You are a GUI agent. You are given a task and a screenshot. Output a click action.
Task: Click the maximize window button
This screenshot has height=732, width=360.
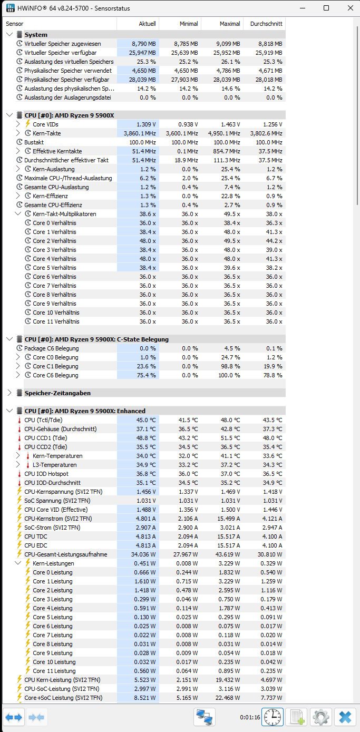pos(326,8)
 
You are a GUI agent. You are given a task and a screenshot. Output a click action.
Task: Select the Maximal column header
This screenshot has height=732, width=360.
pos(221,24)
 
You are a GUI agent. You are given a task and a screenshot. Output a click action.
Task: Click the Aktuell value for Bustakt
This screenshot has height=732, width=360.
pos(138,142)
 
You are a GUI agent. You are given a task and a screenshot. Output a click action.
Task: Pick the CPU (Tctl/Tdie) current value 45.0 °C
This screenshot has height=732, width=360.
pos(138,420)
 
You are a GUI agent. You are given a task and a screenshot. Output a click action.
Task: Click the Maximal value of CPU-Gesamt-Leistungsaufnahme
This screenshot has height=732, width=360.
pos(221,554)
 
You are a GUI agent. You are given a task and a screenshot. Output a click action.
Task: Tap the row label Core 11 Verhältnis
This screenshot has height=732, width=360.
pos(56,321)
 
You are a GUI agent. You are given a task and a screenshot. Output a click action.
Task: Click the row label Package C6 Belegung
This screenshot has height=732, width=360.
pos(51,348)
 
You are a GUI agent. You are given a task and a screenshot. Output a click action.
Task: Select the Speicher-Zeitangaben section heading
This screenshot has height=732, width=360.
pos(59,393)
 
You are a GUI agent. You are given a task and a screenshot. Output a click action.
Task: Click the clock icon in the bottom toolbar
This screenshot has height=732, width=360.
pos(272,717)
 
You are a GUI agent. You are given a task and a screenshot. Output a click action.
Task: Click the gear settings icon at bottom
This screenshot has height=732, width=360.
pos(320,717)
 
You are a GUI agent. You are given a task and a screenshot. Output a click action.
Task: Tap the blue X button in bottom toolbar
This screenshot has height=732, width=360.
pos(345,717)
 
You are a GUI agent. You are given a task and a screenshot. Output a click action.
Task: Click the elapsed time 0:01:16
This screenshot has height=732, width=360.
pos(250,717)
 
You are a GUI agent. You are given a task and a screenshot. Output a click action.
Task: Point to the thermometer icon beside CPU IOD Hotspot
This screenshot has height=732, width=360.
pos(20,474)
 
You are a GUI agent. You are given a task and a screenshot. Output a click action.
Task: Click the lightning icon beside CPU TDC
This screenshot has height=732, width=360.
pos(20,536)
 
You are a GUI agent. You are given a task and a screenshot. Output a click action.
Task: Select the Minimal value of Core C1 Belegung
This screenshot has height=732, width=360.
pos(180,366)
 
